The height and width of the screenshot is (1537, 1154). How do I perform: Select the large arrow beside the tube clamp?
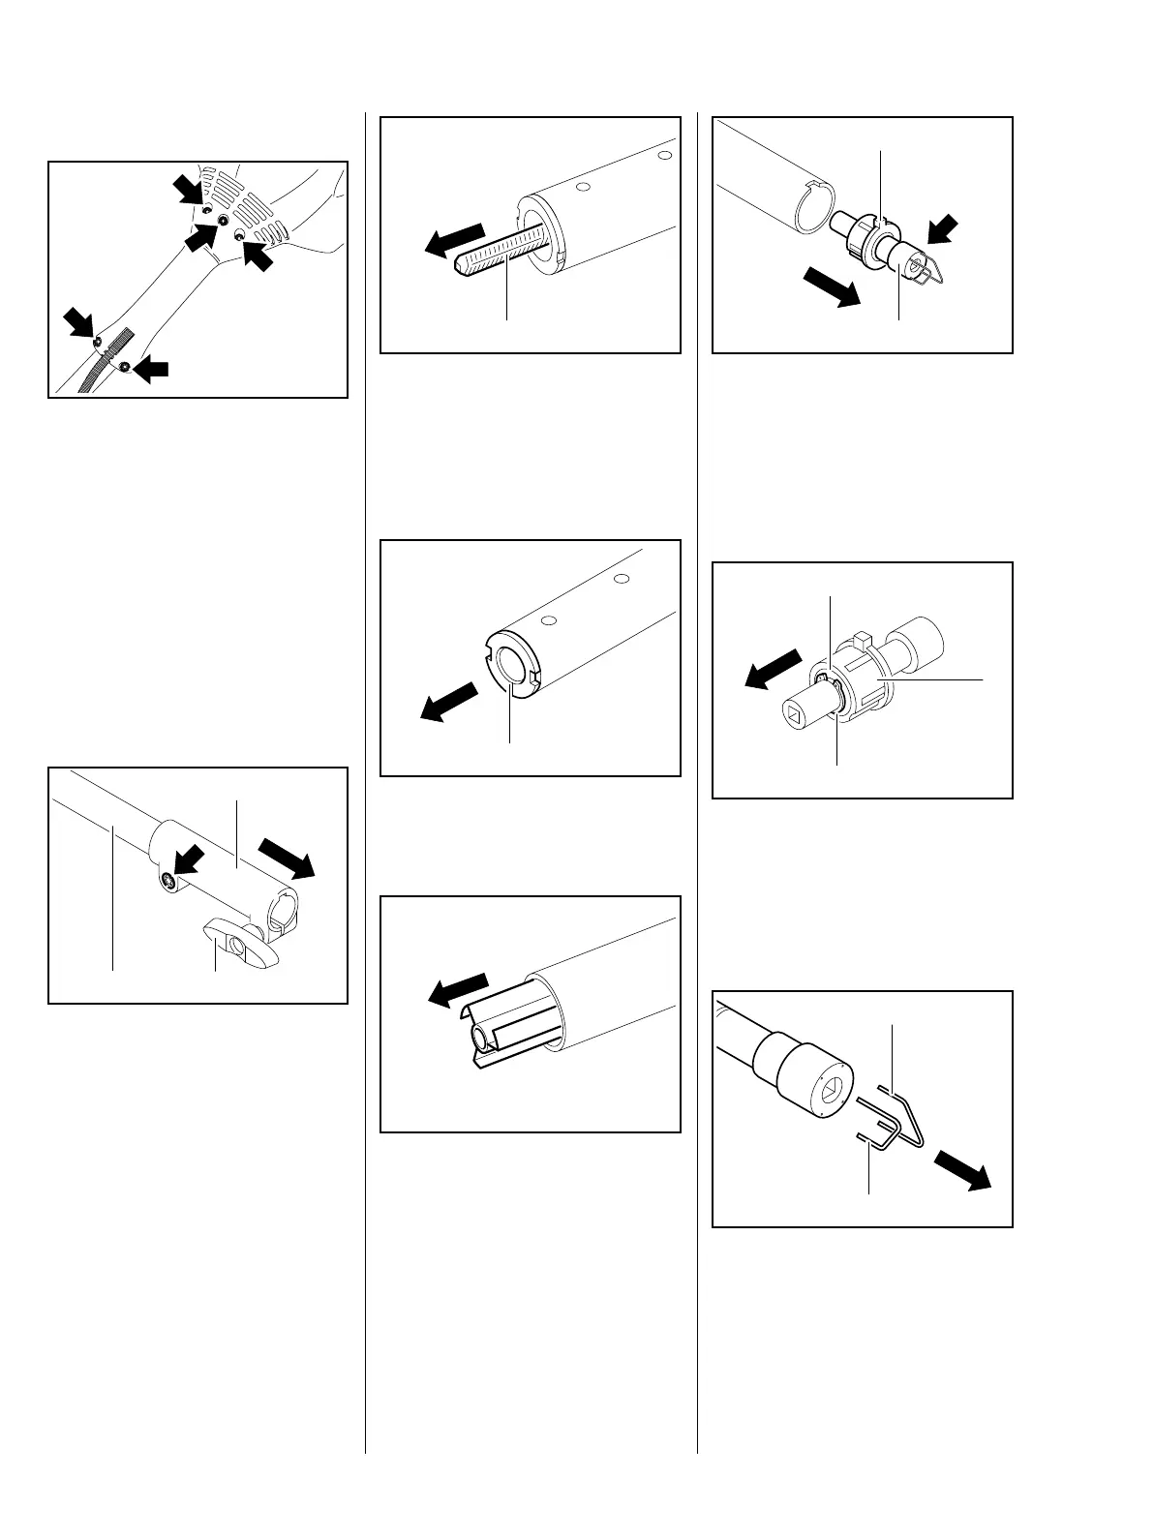tap(288, 857)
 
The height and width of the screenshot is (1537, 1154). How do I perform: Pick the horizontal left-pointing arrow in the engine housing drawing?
tap(150, 368)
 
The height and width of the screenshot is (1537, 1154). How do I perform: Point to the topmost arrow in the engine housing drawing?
tap(189, 189)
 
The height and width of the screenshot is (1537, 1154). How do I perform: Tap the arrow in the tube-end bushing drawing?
tap(449, 702)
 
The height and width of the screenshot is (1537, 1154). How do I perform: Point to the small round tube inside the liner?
tap(481, 1040)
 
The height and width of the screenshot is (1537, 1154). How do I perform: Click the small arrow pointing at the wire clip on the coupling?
tap(938, 232)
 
